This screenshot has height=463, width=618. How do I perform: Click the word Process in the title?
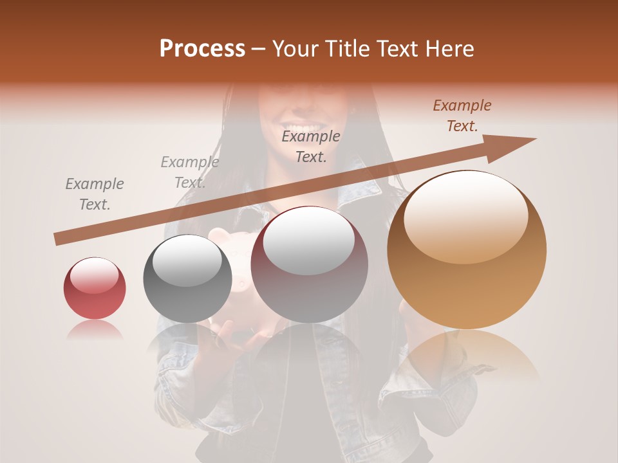point(202,49)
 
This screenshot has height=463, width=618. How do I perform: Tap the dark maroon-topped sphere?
point(310,264)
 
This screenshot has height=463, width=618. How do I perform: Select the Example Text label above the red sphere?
point(95,194)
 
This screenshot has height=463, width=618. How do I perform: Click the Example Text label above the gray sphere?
point(189,172)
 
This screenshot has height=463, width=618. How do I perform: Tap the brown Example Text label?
point(462,116)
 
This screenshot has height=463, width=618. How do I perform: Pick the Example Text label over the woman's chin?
point(311,146)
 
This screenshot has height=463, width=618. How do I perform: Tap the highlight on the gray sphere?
point(187,260)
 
